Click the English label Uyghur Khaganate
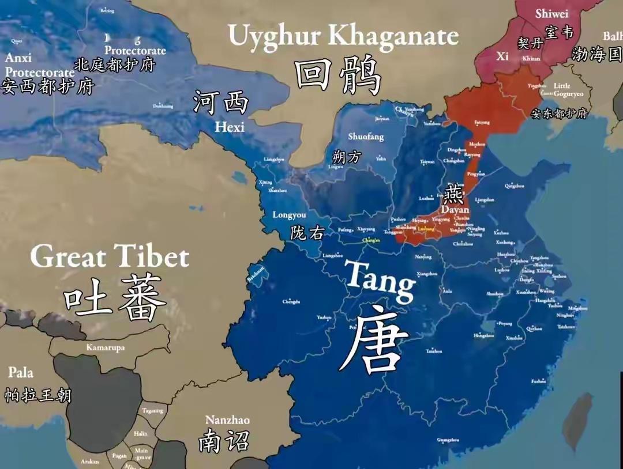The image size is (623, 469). [343, 36]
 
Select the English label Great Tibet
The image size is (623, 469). [110, 256]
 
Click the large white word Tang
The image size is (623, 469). [379, 279]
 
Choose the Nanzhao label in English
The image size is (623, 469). [227, 420]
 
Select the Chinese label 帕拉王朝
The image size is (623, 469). [38, 395]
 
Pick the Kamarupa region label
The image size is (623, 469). [105, 347]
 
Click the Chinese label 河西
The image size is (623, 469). [221, 103]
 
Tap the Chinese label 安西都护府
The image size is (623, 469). [47, 87]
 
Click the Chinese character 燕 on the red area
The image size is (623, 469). [453, 195]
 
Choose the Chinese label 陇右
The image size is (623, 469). [307, 232]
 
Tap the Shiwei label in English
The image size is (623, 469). [551, 14]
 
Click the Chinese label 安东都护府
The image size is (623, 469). [559, 114]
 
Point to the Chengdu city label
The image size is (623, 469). [291, 301]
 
